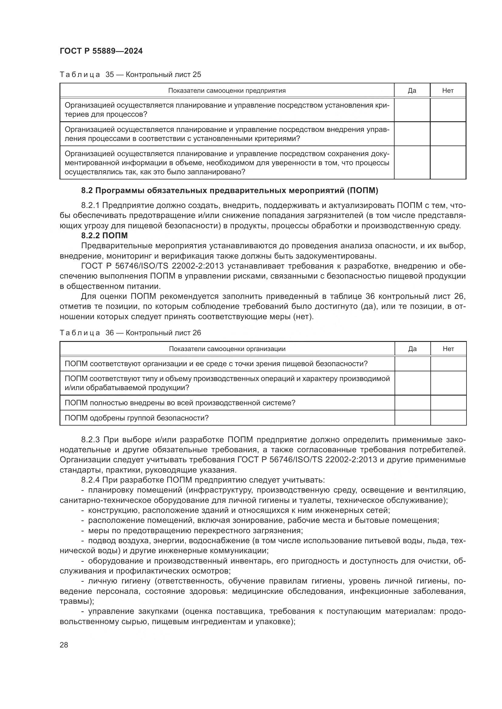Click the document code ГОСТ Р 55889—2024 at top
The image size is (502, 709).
pyautogui.click(x=101, y=51)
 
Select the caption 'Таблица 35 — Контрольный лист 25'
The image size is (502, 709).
pyautogui.click(x=130, y=75)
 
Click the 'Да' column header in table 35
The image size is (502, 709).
pyautogui.click(x=412, y=90)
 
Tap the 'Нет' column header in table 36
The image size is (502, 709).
pyautogui.click(x=448, y=349)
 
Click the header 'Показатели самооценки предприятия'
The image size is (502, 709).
pyautogui.click(x=227, y=90)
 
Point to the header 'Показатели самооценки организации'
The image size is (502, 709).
pyautogui.click(x=227, y=349)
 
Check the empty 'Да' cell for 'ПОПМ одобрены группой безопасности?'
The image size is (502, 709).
pyautogui.click(x=412, y=418)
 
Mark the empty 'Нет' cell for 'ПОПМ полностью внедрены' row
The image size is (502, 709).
pyautogui.click(x=448, y=403)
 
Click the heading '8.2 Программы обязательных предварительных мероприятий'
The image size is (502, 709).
pyautogui.click(x=229, y=191)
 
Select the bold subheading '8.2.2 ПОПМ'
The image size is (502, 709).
pyautogui.click(x=104, y=236)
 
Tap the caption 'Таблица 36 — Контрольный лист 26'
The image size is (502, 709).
pyautogui.click(x=130, y=333)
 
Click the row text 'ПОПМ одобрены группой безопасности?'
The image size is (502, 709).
pyautogui.click(x=137, y=418)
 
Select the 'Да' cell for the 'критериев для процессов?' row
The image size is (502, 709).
pyautogui.click(x=412, y=110)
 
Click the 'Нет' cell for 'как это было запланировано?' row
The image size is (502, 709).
pyautogui.click(x=448, y=163)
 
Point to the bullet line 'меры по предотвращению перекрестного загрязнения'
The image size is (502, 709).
pyautogui.click(x=195, y=530)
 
